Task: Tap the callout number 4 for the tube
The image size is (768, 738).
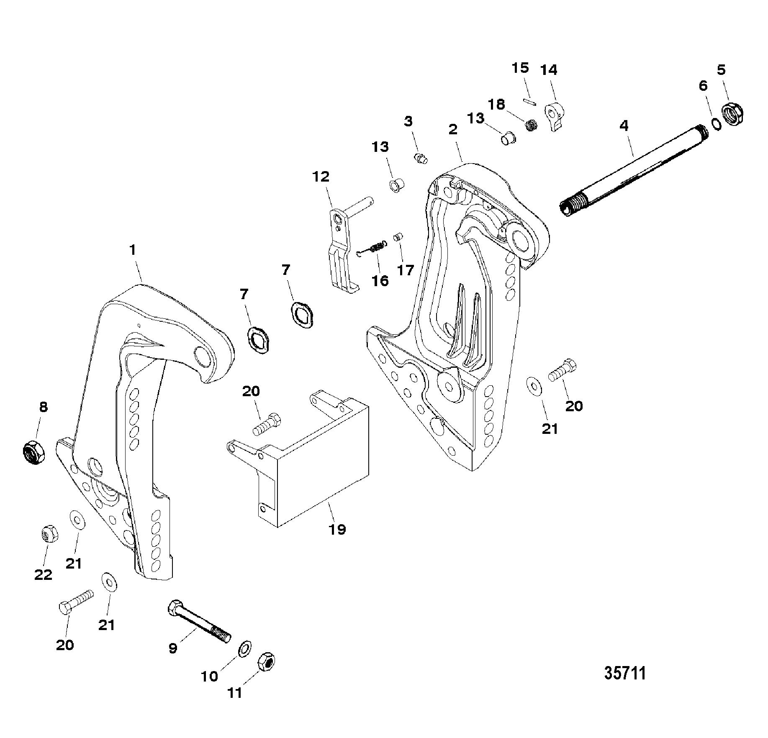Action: click(624, 126)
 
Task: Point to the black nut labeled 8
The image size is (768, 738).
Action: click(33, 452)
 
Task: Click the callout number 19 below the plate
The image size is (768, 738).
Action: click(337, 529)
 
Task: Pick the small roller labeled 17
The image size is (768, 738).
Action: click(398, 237)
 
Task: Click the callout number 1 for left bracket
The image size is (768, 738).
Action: click(133, 250)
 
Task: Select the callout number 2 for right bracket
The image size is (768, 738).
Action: click(453, 130)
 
